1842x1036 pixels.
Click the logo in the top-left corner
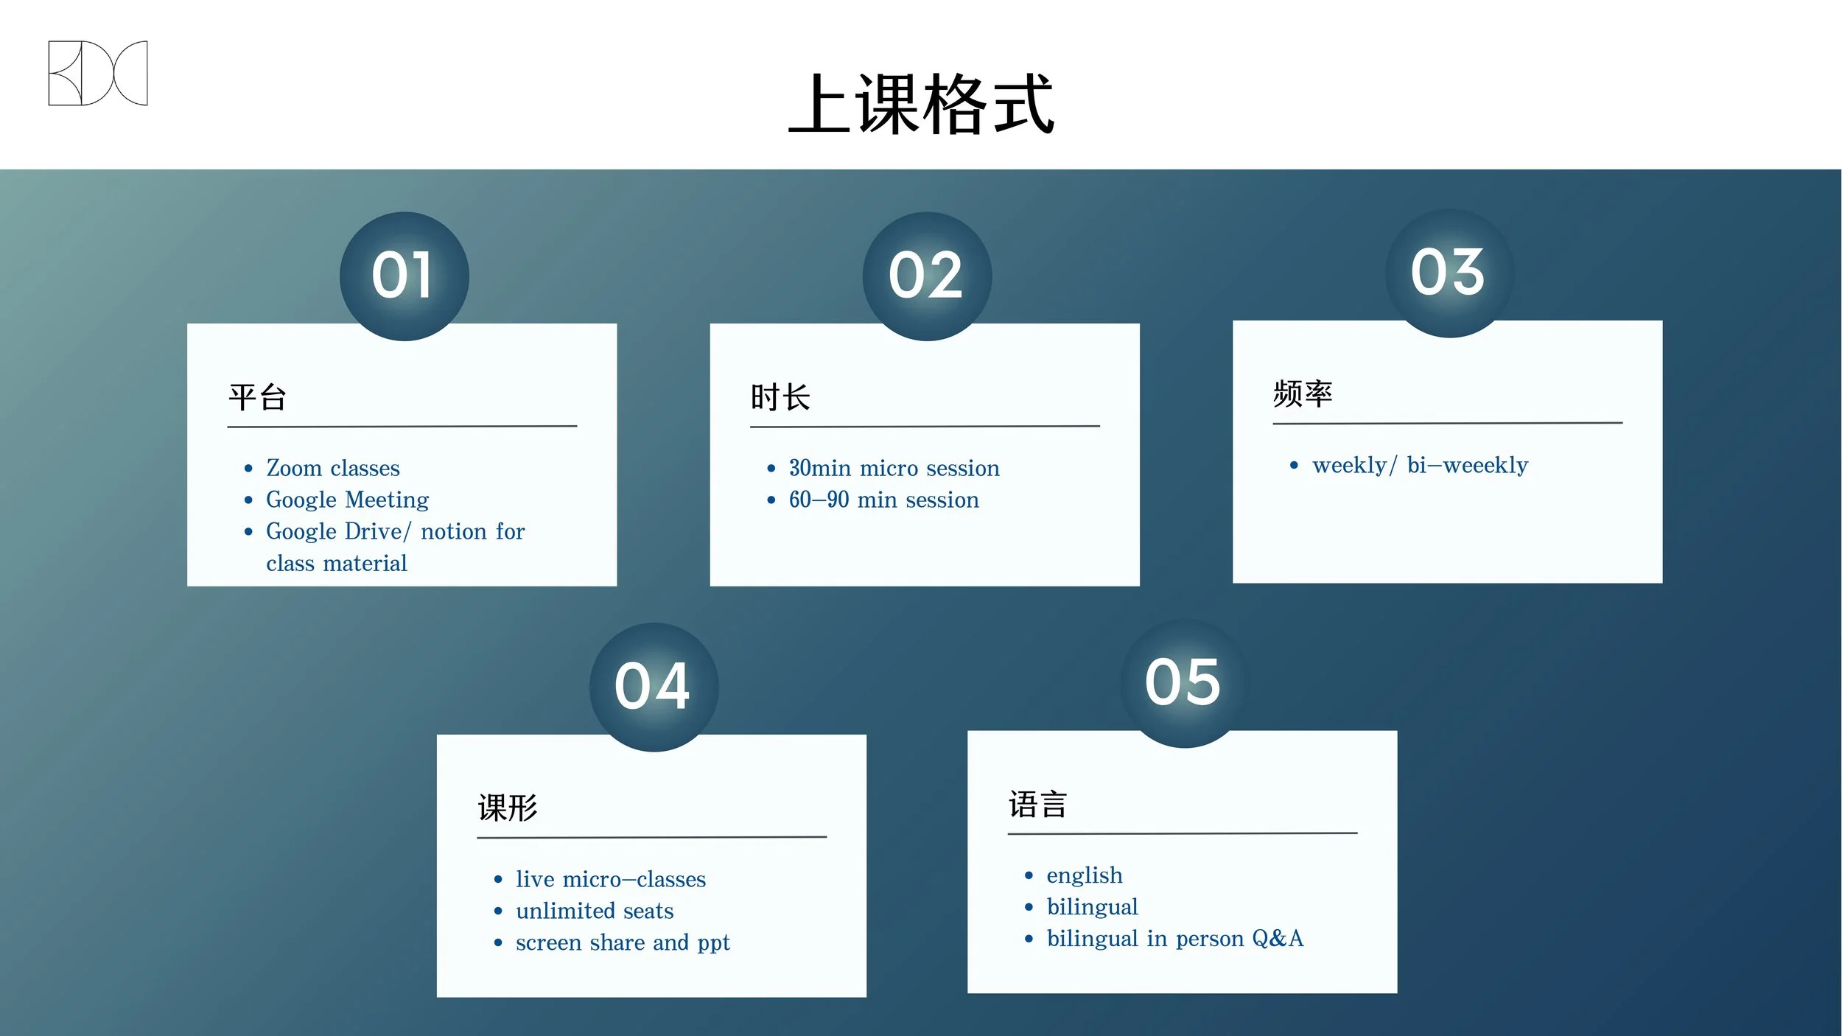tap(98, 73)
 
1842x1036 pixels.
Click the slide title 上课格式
tap(921, 105)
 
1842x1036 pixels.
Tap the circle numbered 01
tap(404, 276)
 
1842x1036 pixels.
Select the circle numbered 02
tap(927, 276)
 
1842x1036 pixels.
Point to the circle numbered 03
tap(1449, 273)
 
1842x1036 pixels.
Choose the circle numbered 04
tap(654, 687)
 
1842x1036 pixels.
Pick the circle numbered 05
tap(1184, 683)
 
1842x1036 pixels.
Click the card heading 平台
tap(257, 398)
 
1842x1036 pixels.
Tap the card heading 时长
tap(780, 398)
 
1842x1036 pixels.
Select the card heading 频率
tap(1303, 394)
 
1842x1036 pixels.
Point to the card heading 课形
tap(508, 808)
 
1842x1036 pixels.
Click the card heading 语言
tap(1037, 805)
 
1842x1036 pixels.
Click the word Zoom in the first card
tap(294, 468)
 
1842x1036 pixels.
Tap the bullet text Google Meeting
tap(347, 500)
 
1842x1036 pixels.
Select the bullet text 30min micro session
tap(894, 468)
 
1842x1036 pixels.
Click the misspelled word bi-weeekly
tap(1467, 465)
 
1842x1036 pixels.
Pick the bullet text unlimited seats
tap(595, 911)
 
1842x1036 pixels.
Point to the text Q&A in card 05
tap(1278, 938)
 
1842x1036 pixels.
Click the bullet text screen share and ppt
tap(623, 942)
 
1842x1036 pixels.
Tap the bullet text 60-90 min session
tap(883, 500)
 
